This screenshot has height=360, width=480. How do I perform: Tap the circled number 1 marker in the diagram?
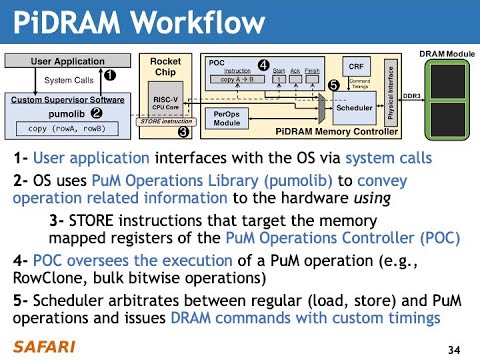pyautogui.click(x=110, y=74)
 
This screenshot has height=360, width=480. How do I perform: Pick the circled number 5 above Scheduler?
pyautogui.click(x=332, y=86)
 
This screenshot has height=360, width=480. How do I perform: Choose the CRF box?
pyautogui.click(x=355, y=65)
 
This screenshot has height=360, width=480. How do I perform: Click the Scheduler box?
pyautogui.click(x=354, y=105)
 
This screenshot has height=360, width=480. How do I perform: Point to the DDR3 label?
pyautogui.click(x=410, y=95)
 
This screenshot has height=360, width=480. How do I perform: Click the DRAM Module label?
pyautogui.click(x=446, y=50)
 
